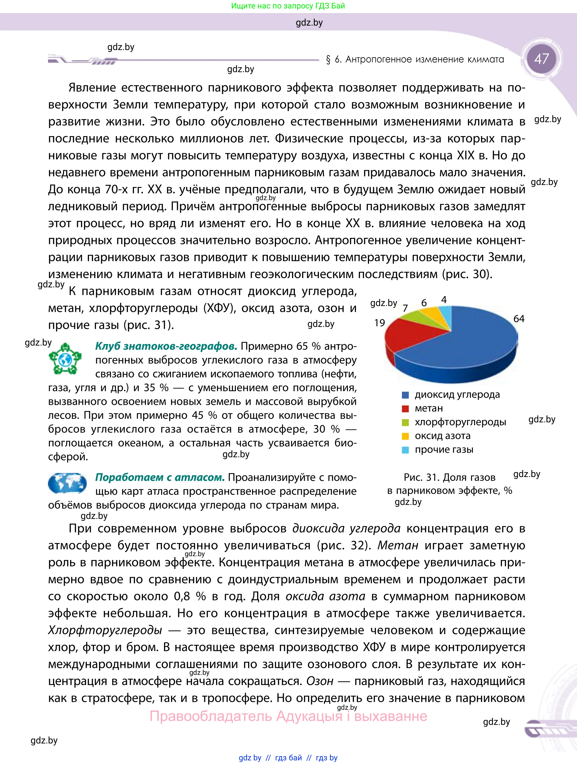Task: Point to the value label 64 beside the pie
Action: (x=519, y=319)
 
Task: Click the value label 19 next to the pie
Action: (x=380, y=323)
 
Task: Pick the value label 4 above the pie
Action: (x=444, y=300)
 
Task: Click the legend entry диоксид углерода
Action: (x=457, y=395)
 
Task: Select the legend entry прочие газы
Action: (x=444, y=450)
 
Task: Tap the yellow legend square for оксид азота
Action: (x=405, y=436)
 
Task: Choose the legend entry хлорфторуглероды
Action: (x=460, y=422)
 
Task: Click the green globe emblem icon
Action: (x=65, y=359)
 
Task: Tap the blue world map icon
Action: (x=67, y=483)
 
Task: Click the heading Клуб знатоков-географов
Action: (x=166, y=346)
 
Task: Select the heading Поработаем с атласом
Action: (x=160, y=477)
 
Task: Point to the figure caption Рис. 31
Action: (x=449, y=478)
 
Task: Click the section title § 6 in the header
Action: (x=414, y=60)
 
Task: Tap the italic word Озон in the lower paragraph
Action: (x=320, y=681)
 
